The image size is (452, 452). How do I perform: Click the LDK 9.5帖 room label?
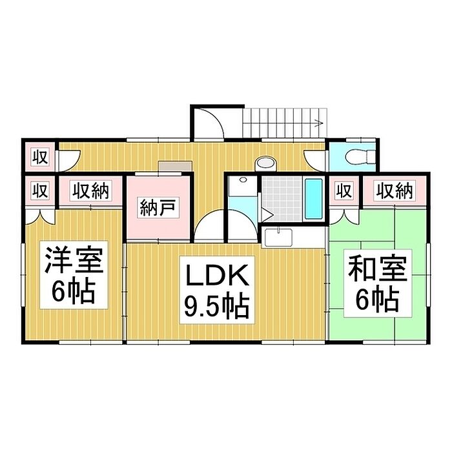tap(217, 290)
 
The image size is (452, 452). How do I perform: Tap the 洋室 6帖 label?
tap(74, 274)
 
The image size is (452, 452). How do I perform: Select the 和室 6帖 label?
tap(378, 283)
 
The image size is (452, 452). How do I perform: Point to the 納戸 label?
tap(158, 207)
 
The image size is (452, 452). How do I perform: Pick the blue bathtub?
tap(314, 199)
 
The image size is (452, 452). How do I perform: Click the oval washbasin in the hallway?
tap(265, 163)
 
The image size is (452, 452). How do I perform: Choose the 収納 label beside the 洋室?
tap(90, 190)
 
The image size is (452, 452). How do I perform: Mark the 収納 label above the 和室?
tap(395, 190)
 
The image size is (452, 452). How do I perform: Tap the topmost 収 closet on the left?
tap(40, 158)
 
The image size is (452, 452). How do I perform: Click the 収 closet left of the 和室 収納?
tap(344, 190)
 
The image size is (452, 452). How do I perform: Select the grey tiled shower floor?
tap(282, 199)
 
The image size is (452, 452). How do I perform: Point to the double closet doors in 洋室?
tap(40, 217)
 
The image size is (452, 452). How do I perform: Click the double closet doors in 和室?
tap(344, 217)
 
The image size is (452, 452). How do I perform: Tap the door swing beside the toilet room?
tap(314, 161)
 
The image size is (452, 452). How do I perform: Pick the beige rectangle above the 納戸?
tap(175, 167)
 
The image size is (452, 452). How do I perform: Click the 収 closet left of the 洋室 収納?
tap(40, 190)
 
